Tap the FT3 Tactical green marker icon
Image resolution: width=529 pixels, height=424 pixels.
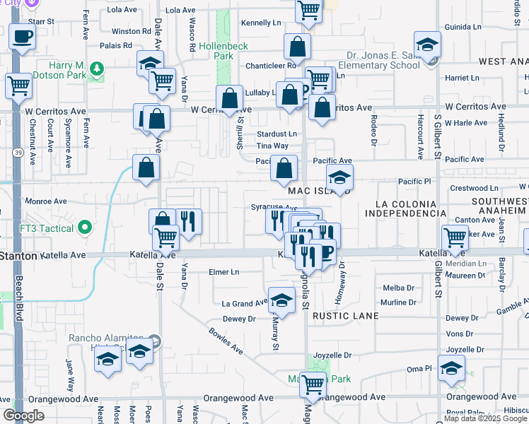[85, 228]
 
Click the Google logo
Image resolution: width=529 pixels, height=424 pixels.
[23, 416]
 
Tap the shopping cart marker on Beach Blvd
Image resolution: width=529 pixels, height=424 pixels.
[18, 86]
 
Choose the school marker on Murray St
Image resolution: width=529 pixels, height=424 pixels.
[281, 300]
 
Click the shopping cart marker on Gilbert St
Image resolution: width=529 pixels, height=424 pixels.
[454, 237]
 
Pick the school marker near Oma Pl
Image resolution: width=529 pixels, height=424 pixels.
[451, 368]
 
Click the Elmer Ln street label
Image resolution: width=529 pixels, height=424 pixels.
[224, 272]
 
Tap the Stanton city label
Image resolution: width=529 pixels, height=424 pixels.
[18, 255]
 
